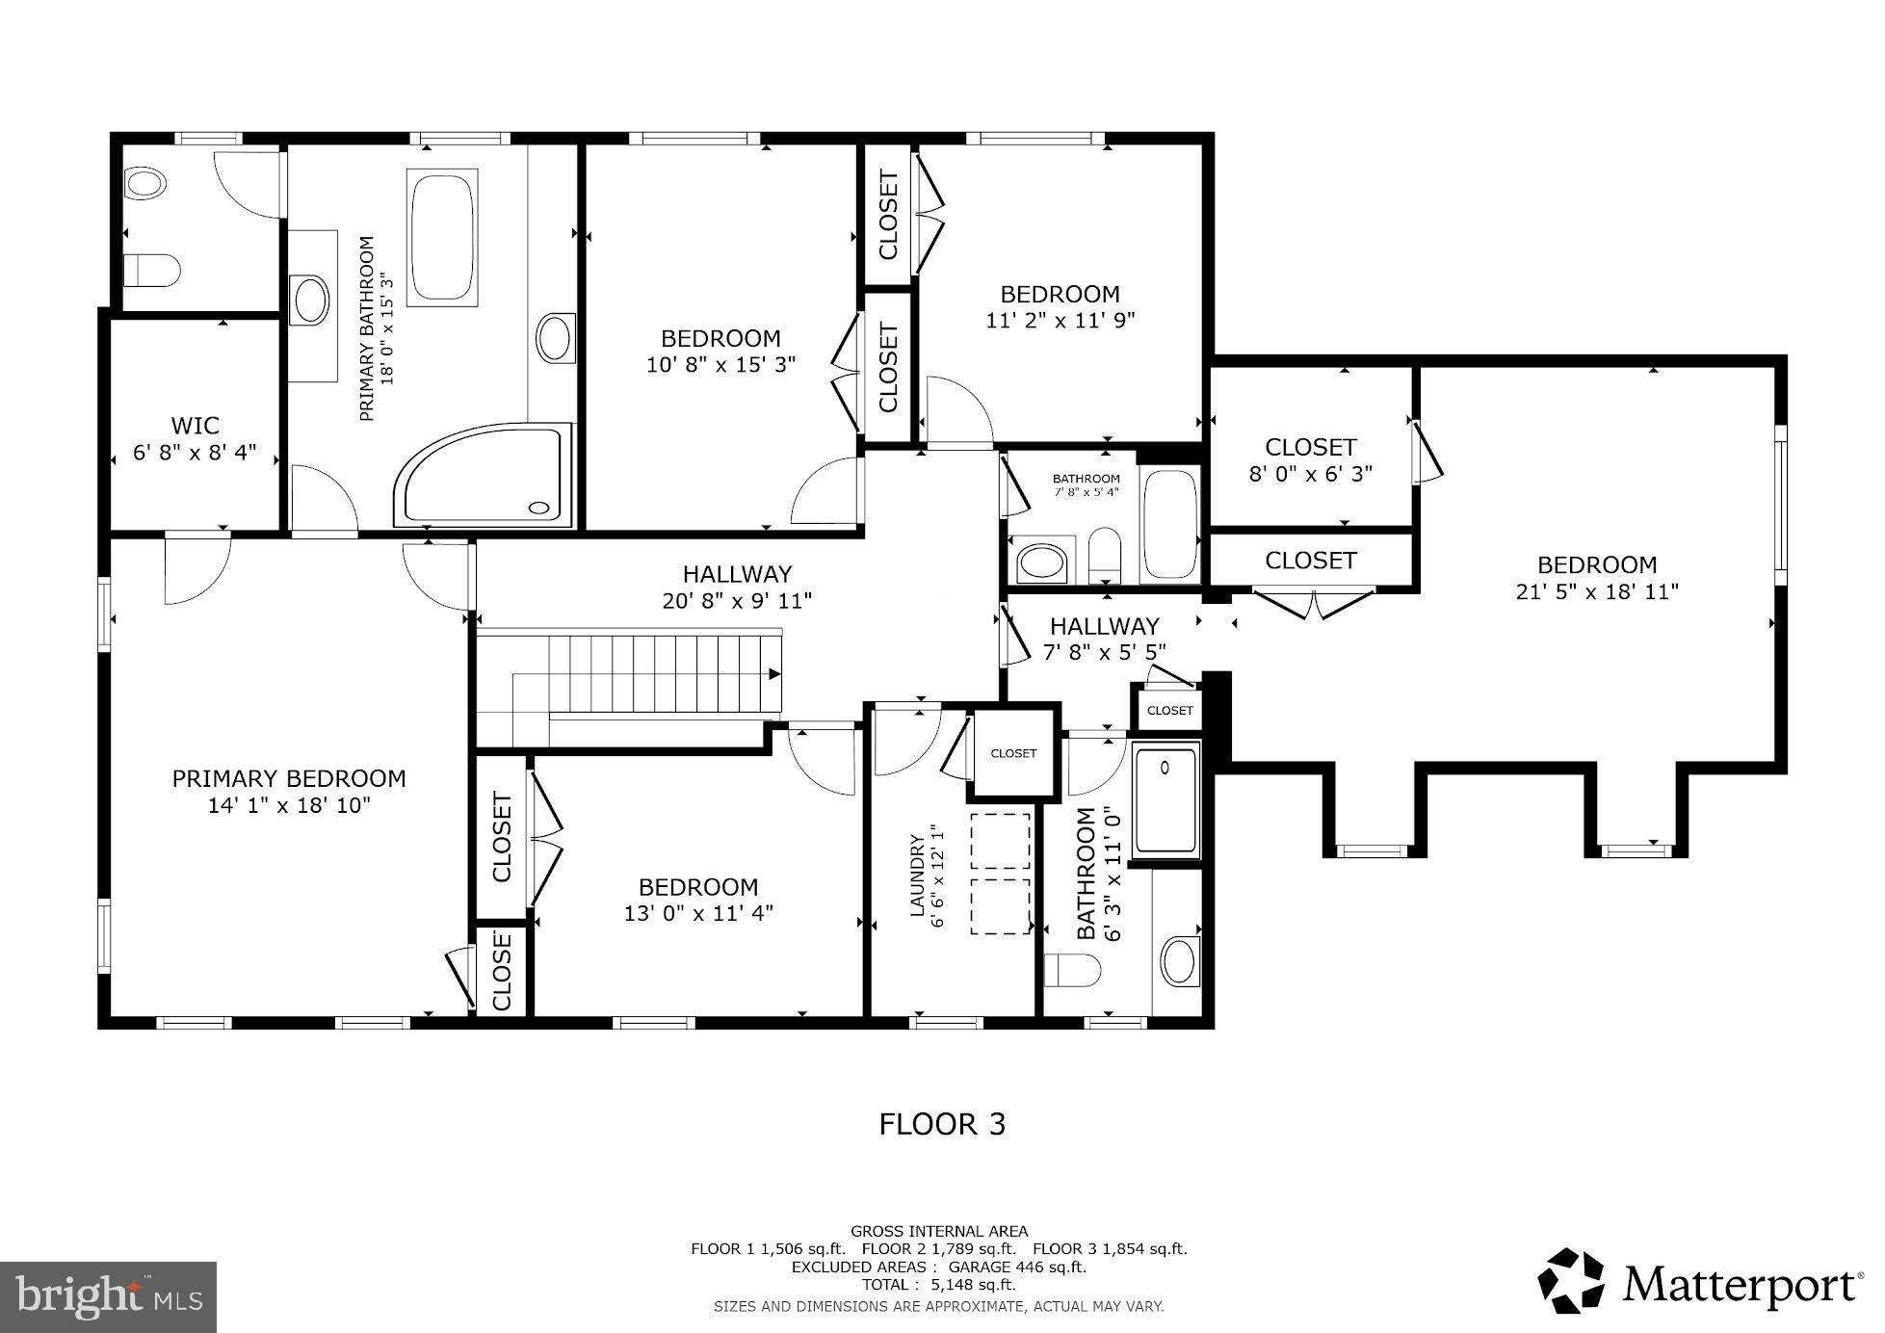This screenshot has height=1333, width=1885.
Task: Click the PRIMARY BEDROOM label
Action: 289,779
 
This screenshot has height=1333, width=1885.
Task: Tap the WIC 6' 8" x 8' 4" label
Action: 195,439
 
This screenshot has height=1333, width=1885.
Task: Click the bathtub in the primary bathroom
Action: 443,237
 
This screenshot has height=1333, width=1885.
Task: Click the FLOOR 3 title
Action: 942,1124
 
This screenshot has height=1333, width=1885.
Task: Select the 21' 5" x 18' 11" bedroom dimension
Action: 1597,591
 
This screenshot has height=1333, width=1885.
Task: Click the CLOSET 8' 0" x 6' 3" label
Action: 1310,460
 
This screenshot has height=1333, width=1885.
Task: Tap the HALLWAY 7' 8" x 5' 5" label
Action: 1104,639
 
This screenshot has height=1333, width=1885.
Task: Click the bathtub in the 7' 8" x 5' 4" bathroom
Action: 1170,524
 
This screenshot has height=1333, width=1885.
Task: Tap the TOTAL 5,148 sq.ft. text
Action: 938,1284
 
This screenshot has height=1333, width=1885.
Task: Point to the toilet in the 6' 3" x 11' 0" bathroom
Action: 1072,969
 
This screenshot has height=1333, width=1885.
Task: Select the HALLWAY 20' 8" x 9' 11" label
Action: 737,588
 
